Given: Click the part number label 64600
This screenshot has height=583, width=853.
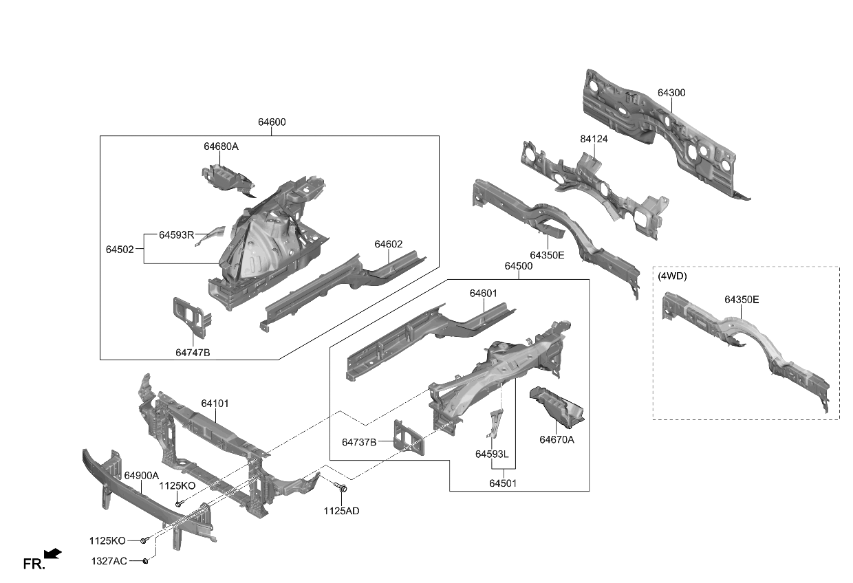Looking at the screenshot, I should [x=272, y=122].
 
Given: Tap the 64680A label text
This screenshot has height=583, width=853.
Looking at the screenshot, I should [x=221, y=146].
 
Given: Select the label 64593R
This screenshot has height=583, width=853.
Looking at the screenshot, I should [x=176, y=234].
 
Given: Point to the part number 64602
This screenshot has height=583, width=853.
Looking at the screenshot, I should [x=389, y=244].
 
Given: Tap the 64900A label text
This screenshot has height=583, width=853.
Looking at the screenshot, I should [x=142, y=476].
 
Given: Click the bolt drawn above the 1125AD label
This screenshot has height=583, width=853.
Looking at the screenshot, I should [x=342, y=489].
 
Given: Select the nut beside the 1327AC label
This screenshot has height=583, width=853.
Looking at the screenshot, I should [x=147, y=562].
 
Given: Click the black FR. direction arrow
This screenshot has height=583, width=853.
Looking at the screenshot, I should [x=53, y=553].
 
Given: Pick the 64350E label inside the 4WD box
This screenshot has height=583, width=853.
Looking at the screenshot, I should [x=742, y=300].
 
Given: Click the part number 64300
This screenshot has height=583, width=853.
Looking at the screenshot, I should [x=671, y=93].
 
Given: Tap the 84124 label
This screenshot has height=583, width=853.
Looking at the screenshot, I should [x=594, y=139].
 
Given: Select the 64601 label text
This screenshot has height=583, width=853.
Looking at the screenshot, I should [x=483, y=293].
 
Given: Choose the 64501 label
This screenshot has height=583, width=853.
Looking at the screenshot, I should [x=503, y=483].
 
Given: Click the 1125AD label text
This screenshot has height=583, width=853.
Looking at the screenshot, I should [x=342, y=511].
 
